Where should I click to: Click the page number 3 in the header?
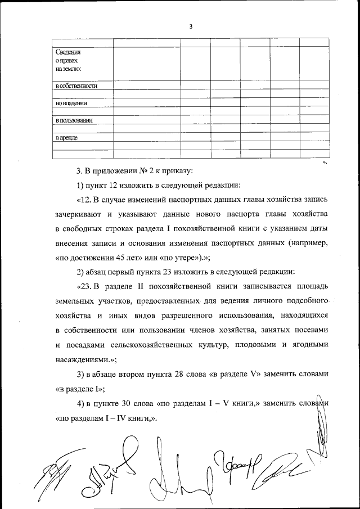(191, 26)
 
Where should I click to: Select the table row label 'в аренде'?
(66, 137)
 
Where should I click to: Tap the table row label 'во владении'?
(71, 103)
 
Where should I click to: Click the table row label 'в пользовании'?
(74, 120)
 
